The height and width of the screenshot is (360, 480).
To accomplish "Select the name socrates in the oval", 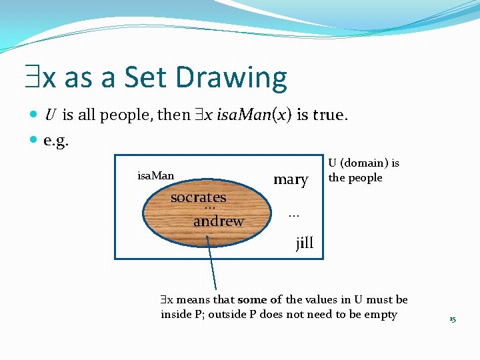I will click(x=198, y=197).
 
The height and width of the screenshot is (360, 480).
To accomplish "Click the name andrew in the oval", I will click(x=218, y=221).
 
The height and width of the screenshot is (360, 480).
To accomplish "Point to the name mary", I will click(x=291, y=179).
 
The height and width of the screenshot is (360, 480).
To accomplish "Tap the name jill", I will click(x=305, y=243).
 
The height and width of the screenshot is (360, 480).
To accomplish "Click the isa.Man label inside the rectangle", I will click(x=155, y=176).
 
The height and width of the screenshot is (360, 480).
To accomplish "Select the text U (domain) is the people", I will click(x=363, y=171).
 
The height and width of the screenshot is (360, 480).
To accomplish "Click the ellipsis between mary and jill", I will click(x=293, y=215).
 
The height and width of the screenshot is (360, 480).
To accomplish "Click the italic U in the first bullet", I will click(x=50, y=115).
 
